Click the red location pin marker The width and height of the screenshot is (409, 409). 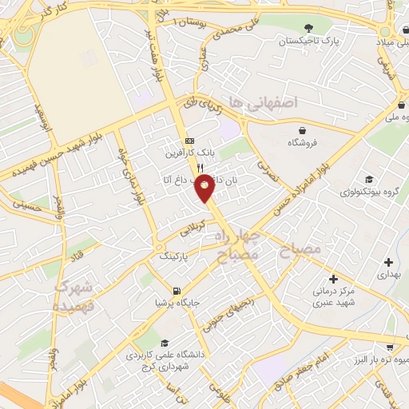(x=204, y=187)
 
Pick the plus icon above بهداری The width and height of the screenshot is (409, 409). (x=388, y=261)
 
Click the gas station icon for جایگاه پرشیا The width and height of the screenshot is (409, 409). (x=177, y=291)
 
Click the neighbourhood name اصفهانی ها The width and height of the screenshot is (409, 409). (x=262, y=102)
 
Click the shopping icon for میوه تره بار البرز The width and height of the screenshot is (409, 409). (x=389, y=347)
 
